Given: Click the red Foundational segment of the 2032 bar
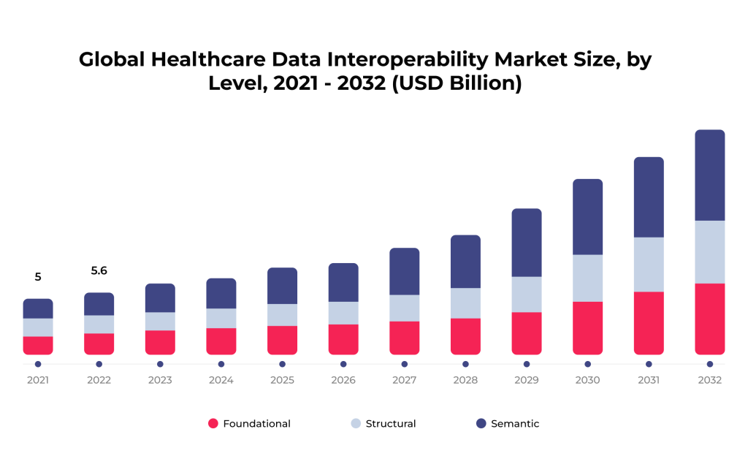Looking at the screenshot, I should click(709, 319).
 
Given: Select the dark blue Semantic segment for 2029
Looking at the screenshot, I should click(526, 242).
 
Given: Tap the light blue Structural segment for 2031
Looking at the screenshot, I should click(648, 264).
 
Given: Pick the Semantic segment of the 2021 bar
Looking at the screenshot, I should click(38, 308).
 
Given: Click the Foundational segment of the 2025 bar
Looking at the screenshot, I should click(282, 340).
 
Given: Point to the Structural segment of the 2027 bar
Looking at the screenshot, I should click(404, 308).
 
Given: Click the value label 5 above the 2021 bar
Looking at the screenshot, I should click(38, 277).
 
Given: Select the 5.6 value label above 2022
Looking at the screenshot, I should click(99, 270).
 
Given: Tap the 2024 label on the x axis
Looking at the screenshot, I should click(221, 380).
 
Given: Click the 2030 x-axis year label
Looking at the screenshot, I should click(587, 380).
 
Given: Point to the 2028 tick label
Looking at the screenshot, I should click(465, 380).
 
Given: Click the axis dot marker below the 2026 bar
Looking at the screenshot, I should click(343, 364).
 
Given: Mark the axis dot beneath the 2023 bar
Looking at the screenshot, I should click(160, 364).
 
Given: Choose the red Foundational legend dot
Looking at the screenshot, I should click(213, 423).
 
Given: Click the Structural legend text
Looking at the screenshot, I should click(391, 424).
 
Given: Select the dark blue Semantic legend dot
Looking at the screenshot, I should click(481, 423).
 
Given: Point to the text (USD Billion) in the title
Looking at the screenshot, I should click(457, 83).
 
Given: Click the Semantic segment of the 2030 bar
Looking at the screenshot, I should click(587, 216).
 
